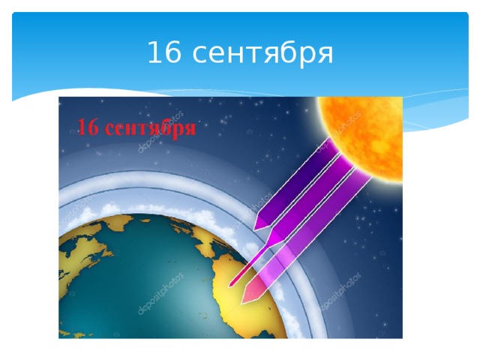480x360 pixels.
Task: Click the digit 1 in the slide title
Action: coord(151,53)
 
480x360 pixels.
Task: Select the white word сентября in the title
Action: coord(263,54)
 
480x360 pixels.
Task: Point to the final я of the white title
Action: coord(324,56)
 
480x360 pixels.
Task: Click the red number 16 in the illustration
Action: coord(89,127)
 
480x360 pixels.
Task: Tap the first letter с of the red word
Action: coord(109,129)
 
